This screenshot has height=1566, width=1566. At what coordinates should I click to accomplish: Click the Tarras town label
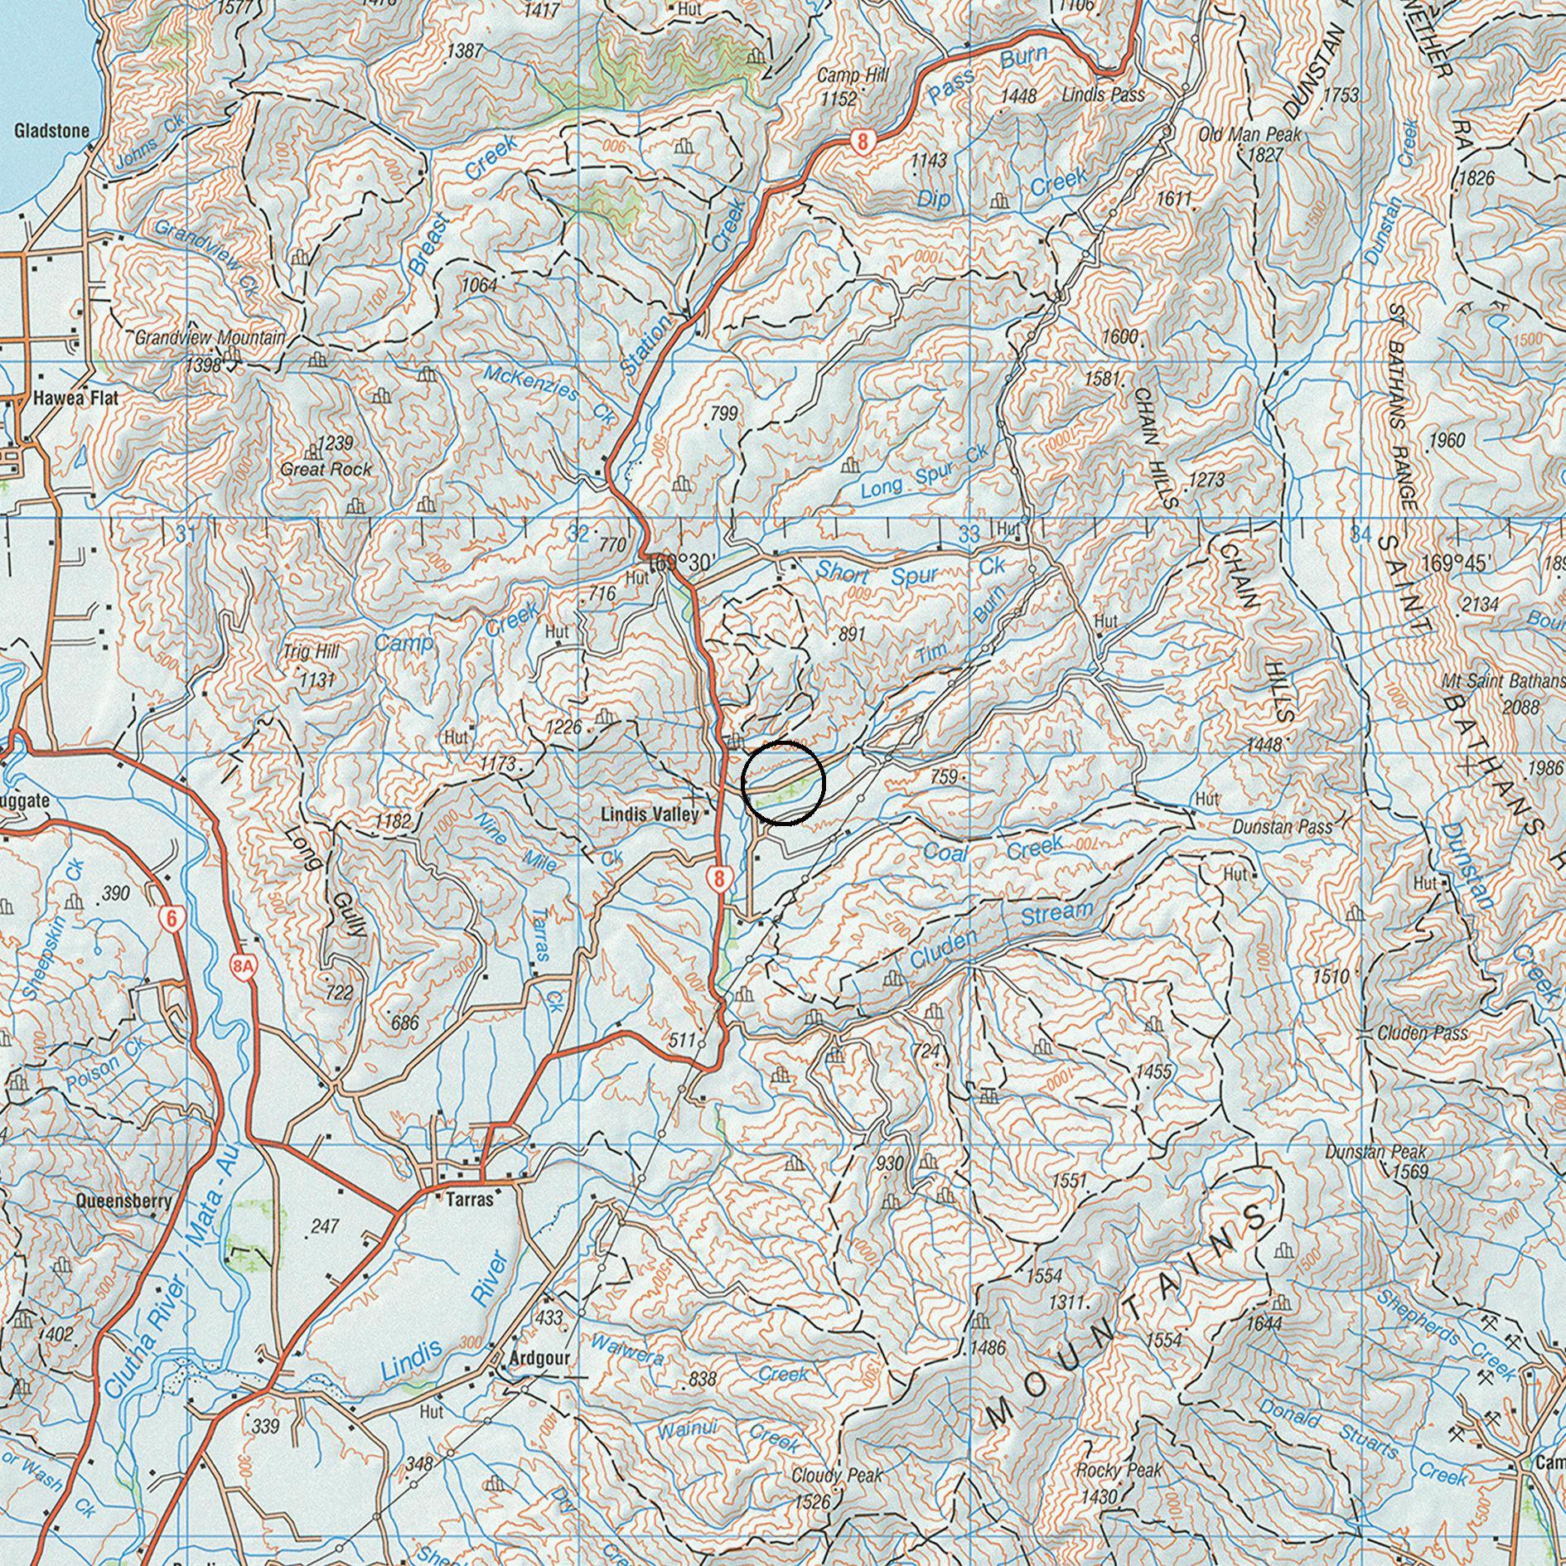tap(469, 1199)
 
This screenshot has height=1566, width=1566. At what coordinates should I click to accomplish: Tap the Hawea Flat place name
tap(75, 399)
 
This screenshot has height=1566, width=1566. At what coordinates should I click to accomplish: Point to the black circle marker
tap(783, 783)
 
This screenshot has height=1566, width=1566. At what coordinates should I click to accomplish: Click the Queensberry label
tap(123, 1201)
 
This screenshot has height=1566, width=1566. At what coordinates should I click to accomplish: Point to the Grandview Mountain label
tap(210, 338)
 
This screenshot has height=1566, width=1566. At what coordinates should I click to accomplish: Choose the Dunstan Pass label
tap(1282, 827)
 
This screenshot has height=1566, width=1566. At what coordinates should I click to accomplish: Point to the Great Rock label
tap(326, 469)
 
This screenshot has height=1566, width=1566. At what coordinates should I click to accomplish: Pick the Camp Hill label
tap(853, 76)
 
